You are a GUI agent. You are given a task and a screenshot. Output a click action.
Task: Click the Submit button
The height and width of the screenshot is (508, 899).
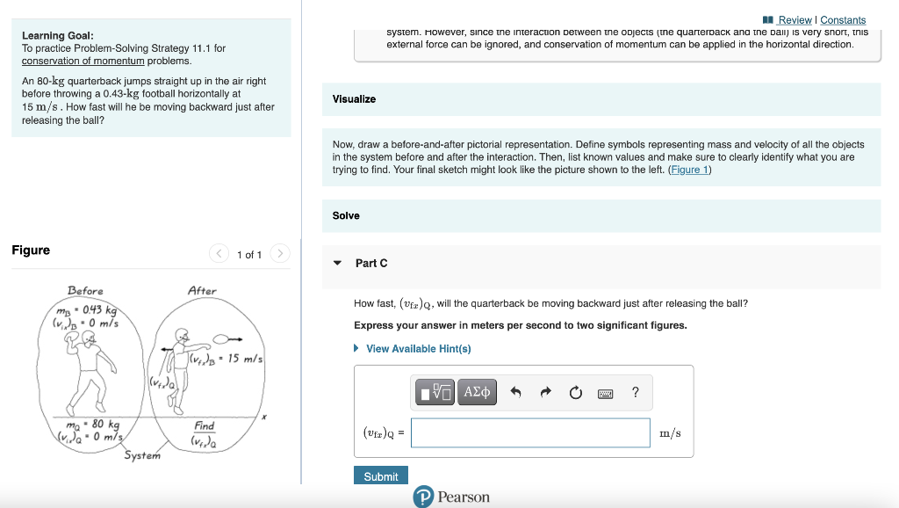click(380, 476)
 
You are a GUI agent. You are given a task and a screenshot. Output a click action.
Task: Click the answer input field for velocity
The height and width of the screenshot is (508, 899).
click(530, 432)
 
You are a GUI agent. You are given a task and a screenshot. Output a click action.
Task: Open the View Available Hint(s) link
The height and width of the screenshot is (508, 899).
click(418, 349)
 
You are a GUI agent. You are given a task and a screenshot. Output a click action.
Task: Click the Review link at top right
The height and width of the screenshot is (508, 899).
click(795, 20)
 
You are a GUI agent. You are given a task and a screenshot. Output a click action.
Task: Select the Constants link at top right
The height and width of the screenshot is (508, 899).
click(843, 20)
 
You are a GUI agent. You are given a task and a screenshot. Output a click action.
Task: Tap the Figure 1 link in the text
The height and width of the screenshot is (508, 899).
click(689, 170)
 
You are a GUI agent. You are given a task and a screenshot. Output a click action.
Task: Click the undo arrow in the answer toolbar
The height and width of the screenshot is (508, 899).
click(516, 393)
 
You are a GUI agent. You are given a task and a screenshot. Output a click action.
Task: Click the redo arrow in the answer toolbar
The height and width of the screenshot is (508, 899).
click(546, 393)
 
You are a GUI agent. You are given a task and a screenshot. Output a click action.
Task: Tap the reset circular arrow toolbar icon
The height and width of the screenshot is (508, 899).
click(575, 393)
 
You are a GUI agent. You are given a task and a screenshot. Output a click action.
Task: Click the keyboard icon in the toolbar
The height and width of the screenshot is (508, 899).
click(605, 393)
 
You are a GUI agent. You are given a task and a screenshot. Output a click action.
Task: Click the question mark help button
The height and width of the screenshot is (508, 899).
click(635, 393)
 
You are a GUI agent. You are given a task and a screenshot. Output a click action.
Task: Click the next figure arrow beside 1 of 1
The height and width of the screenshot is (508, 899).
click(279, 254)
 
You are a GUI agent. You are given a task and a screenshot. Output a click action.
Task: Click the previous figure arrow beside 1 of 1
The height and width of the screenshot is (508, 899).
click(219, 254)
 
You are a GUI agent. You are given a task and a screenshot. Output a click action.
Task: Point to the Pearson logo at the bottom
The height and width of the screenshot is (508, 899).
click(452, 497)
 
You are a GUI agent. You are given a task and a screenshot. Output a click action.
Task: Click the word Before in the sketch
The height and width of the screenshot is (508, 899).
click(85, 291)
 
